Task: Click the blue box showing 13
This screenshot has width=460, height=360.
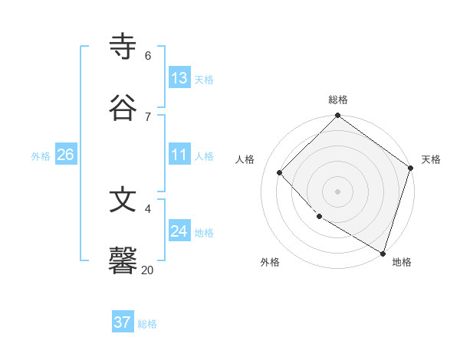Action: [x=179, y=77]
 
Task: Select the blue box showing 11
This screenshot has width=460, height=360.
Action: [x=179, y=155]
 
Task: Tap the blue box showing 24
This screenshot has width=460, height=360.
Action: [x=179, y=231]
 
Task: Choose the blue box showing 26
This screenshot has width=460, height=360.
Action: [x=65, y=155]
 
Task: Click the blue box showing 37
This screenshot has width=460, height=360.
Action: [x=122, y=322]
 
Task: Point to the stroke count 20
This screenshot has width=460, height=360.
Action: [x=147, y=270]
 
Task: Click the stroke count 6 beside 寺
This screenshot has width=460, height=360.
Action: [x=147, y=55]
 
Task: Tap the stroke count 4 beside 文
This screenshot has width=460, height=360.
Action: [x=147, y=208]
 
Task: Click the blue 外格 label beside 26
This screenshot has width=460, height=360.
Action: [x=41, y=155]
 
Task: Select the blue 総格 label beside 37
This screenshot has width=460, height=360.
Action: [x=147, y=324]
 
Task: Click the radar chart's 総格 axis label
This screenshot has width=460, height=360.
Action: [x=338, y=100]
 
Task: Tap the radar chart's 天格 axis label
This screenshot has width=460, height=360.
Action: [x=431, y=159]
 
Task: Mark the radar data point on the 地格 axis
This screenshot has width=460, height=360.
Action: [x=383, y=252]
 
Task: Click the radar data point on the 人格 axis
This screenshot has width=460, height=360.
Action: [x=280, y=172]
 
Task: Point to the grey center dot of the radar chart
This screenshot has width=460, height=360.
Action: [x=337, y=191]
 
